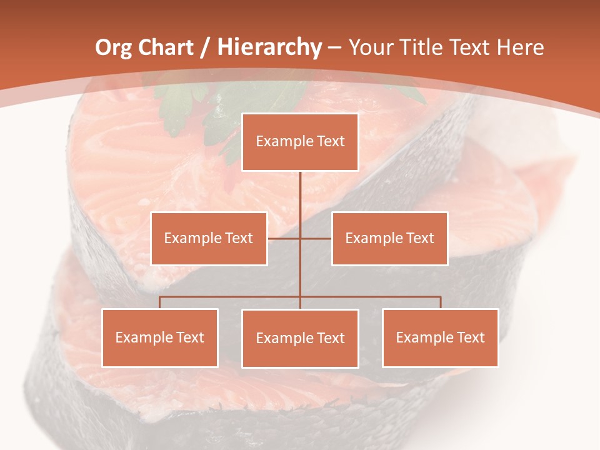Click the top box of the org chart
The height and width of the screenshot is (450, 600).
pyautogui.click(x=300, y=142)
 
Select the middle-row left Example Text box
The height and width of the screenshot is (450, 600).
pyautogui.click(x=209, y=238)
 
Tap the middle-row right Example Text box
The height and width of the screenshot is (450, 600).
pyautogui.click(x=389, y=238)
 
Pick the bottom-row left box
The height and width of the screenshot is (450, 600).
pyautogui.click(x=160, y=337)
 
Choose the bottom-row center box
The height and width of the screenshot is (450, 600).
pyautogui.click(x=300, y=338)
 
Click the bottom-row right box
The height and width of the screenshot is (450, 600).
pyautogui.click(x=440, y=337)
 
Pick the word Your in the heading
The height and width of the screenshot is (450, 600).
pyautogui.click(x=370, y=47)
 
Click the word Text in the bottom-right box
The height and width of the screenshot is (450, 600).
pyautogui.click(x=471, y=337)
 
